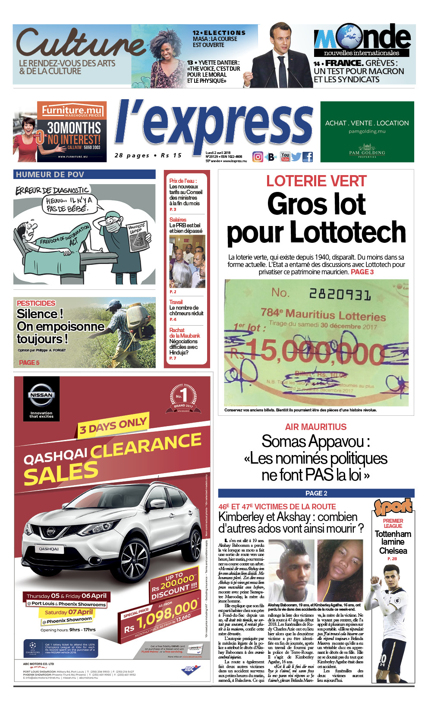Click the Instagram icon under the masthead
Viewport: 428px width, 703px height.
258,157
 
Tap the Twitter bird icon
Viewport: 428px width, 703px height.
296,157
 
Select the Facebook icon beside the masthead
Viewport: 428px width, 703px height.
308,157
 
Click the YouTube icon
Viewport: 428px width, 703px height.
285,157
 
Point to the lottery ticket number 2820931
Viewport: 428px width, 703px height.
340,295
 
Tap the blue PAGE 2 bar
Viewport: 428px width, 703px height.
316,493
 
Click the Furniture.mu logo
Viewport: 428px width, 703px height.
72,110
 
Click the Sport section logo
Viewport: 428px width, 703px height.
393,507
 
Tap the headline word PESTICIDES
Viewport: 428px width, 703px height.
36,303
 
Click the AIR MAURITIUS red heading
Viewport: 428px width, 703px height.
316,427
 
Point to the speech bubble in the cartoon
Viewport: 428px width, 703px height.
69,204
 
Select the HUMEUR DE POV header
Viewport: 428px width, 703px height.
50,175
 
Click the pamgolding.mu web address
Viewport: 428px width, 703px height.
367,131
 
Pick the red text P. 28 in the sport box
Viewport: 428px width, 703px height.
392,559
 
